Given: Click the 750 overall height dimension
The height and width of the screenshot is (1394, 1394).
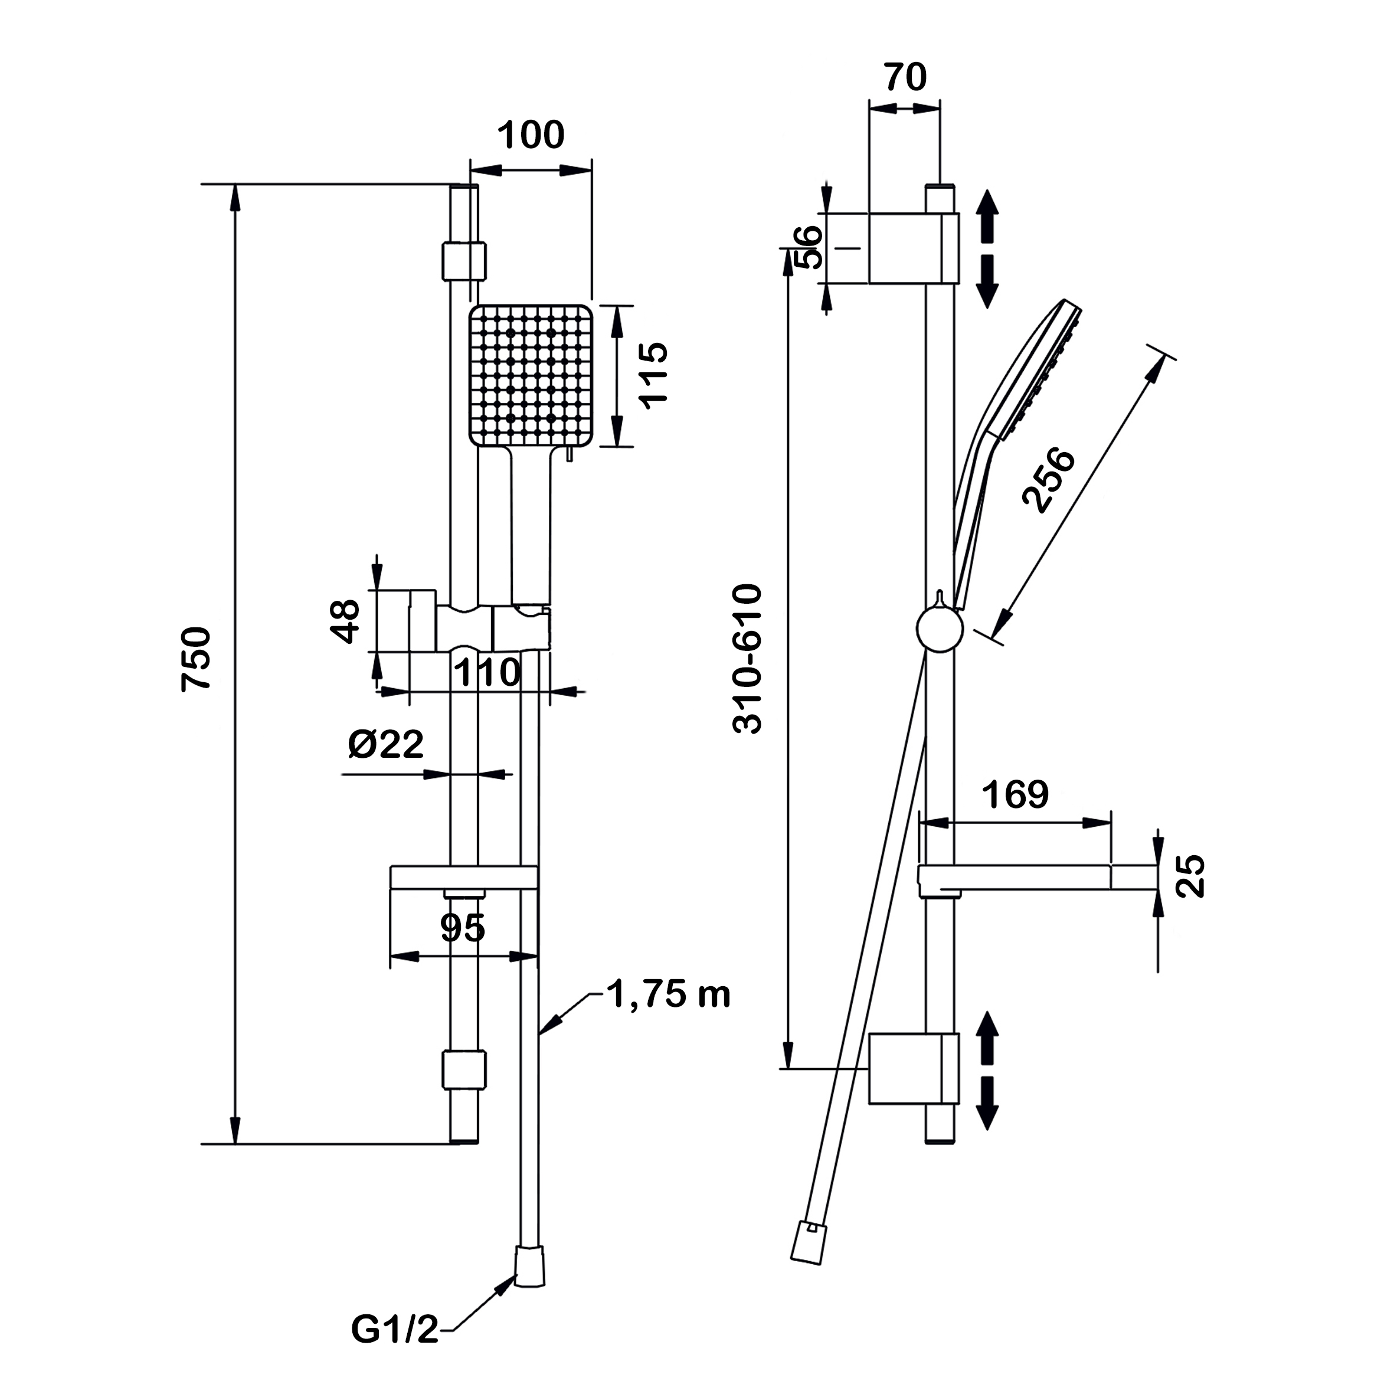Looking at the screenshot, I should click(197, 658).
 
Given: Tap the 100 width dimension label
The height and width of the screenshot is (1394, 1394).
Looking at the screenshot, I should click(531, 136).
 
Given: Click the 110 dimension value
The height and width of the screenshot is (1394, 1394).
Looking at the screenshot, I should click(487, 673).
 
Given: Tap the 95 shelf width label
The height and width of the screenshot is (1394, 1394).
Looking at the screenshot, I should click(463, 928).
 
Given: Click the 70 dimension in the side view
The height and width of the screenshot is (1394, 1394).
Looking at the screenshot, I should click(905, 77).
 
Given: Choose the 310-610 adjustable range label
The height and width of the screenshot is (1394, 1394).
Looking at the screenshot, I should click(748, 658).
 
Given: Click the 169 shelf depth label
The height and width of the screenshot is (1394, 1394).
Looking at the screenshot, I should click(1015, 794).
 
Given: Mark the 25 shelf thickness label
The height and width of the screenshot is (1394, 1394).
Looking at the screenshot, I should click(1192, 875).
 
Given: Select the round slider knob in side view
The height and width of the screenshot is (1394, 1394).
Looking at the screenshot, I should click(940, 629).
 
